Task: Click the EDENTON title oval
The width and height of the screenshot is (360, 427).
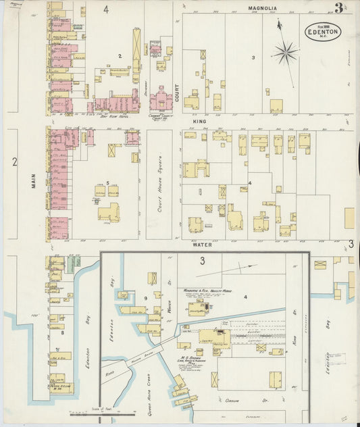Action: (x=322, y=31)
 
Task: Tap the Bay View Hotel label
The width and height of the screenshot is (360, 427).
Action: (x=109, y=116)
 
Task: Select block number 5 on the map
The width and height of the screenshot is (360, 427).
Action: (x=107, y=183)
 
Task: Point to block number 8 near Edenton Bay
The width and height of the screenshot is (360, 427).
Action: (x=63, y=332)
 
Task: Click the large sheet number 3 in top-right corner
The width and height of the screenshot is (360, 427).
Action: (x=337, y=9)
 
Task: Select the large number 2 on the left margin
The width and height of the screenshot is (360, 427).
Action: (x=14, y=161)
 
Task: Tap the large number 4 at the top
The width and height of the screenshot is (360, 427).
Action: (x=106, y=9)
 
